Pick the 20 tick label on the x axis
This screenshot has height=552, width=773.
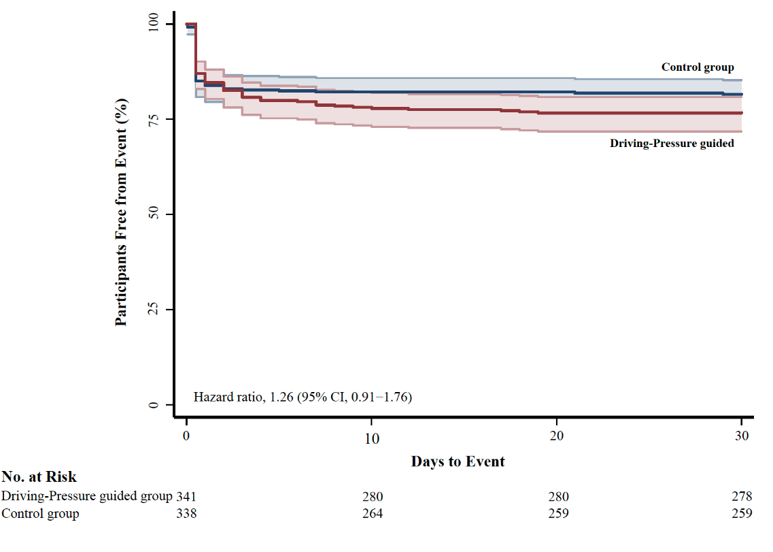pyautogui.click(x=557, y=436)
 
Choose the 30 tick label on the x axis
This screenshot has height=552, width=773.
pyautogui.click(x=742, y=436)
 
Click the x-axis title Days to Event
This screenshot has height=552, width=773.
pyautogui.click(x=458, y=461)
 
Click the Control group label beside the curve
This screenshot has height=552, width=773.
pyautogui.click(x=698, y=67)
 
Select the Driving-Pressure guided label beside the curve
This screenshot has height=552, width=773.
pyautogui.click(x=672, y=144)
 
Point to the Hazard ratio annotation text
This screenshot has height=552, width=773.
pyautogui.click(x=303, y=396)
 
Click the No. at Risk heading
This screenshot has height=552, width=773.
pyautogui.click(x=39, y=477)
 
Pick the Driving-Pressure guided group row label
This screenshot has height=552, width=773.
pyautogui.click(x=87, y=496)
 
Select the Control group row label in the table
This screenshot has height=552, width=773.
pyautogui.click(x=40, y=514)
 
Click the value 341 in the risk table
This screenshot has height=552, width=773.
pyautogui.click(x=186, y=496)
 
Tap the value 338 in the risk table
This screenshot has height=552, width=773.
pyautogui.click(x=186, y=514)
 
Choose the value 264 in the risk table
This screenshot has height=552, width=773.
pyautogui.click(x=373, y=514)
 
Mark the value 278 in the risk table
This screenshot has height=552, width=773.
pyautogui.click(x=742, y=496)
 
